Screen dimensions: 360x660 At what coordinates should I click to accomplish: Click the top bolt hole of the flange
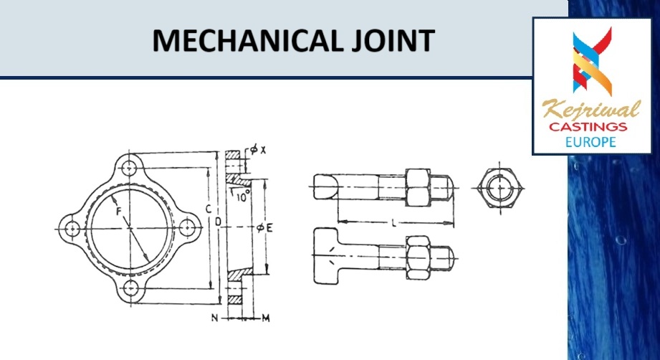(130, 169)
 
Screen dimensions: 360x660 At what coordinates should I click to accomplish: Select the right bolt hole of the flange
(188, 227)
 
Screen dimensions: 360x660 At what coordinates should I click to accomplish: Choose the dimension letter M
(265, 316)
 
